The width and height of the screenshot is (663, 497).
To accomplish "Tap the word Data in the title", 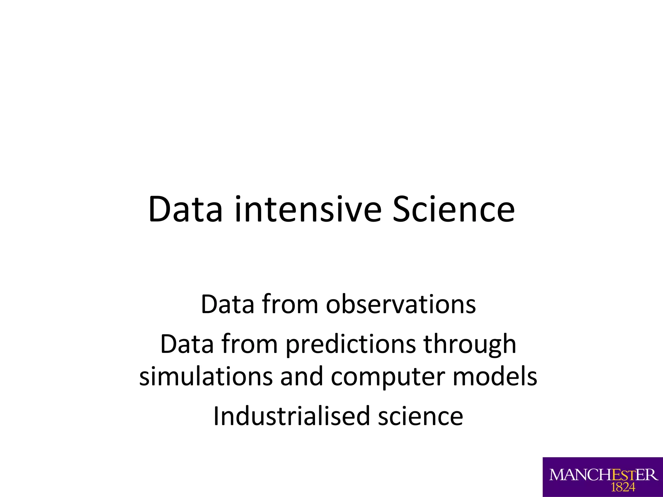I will [x=185, y=209].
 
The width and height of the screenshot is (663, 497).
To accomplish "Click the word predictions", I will [x=351, y=344].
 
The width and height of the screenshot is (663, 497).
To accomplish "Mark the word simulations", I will [x=206, y=376].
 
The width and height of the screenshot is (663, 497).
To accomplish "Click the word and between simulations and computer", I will [x=302, y=376].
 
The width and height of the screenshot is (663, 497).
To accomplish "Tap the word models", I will [x=495, y=376].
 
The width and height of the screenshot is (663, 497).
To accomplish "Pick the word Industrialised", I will [x=291, y=416].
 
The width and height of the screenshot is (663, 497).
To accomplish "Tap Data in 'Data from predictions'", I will [x=187, y=344].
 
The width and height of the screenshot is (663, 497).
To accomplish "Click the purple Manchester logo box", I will [x=602, y=477].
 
